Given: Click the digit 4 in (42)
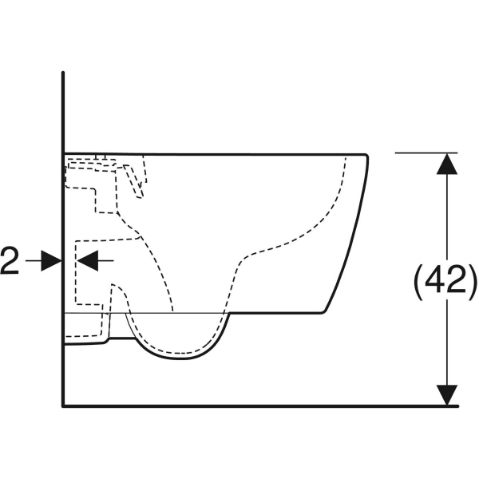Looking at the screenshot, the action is click(436, 279).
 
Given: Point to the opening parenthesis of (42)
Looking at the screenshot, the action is click(419, 280).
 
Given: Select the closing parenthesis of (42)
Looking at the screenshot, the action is click(472, 280).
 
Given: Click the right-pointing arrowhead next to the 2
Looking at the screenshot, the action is click(52, 260).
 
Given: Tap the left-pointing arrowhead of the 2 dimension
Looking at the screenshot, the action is click(87, 260).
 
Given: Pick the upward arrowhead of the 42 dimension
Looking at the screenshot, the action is click(447, 164).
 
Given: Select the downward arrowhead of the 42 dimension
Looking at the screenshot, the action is click(447, 395).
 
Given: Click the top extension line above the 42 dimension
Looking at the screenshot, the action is click(426, 152).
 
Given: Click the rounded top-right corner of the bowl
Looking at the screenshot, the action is click(366, 156).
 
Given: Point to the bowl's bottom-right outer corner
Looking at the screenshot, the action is click(323, 312).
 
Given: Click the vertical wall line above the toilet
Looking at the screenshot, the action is click(63, 113).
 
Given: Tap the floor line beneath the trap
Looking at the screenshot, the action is click(260, 406).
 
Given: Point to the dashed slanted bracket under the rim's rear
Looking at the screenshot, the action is click(133, 181).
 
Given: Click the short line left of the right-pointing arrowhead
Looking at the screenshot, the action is click(34, 260).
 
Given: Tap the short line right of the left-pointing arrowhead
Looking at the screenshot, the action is click(105, 260).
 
